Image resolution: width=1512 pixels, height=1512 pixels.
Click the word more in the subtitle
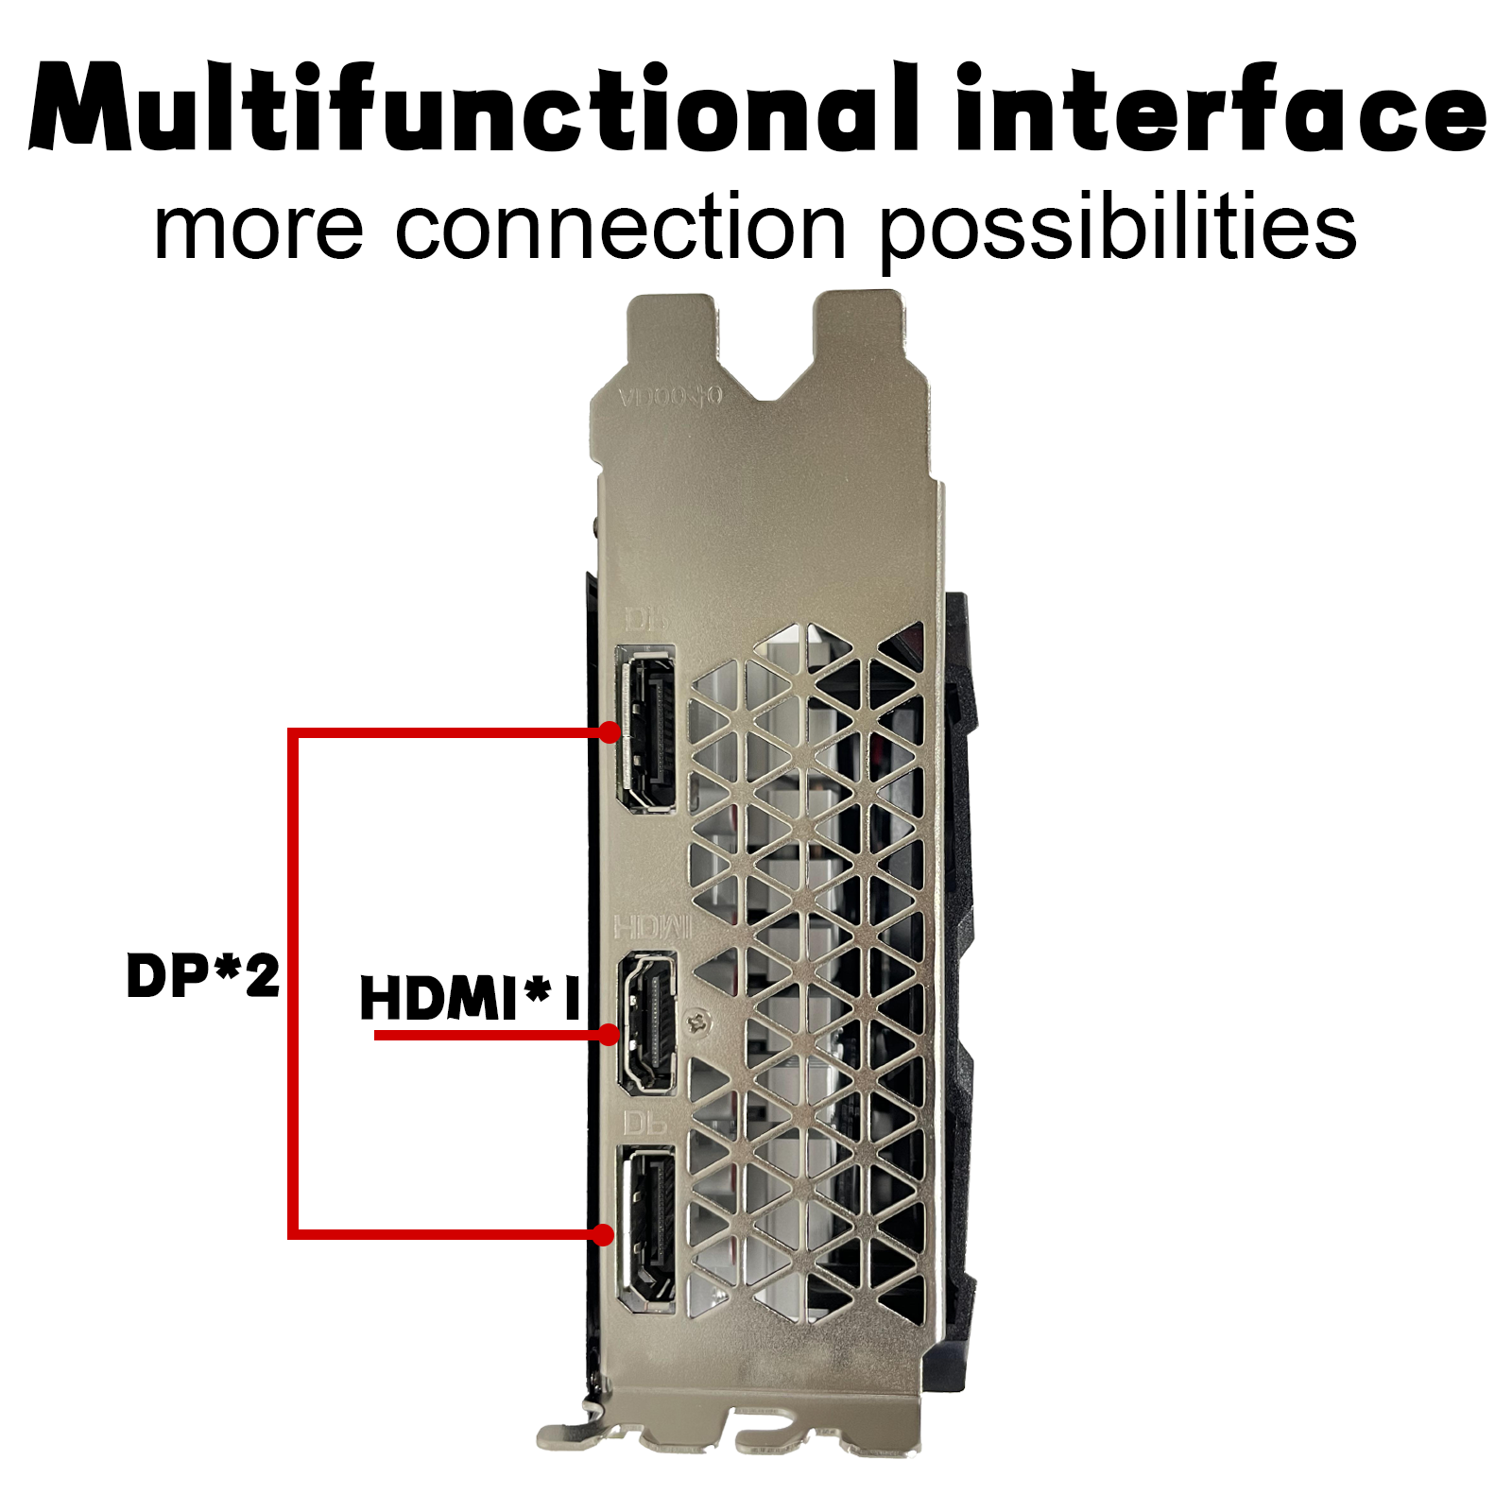click(x=258, y=229)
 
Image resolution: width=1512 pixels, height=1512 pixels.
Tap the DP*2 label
click(x=203, y=975)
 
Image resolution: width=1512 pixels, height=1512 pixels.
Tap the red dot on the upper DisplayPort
click(x=610, y=731)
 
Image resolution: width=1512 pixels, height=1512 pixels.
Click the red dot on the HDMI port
click(x=610, y=1035)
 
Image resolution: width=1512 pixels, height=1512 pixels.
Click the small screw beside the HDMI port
click(x=699, y=1022)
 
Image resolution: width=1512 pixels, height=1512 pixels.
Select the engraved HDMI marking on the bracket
click(x=652, y=927)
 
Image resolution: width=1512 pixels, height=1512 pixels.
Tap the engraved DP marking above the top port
click(x=647, y=620)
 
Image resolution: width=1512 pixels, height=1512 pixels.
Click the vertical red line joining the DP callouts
click(x=293, y=983)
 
